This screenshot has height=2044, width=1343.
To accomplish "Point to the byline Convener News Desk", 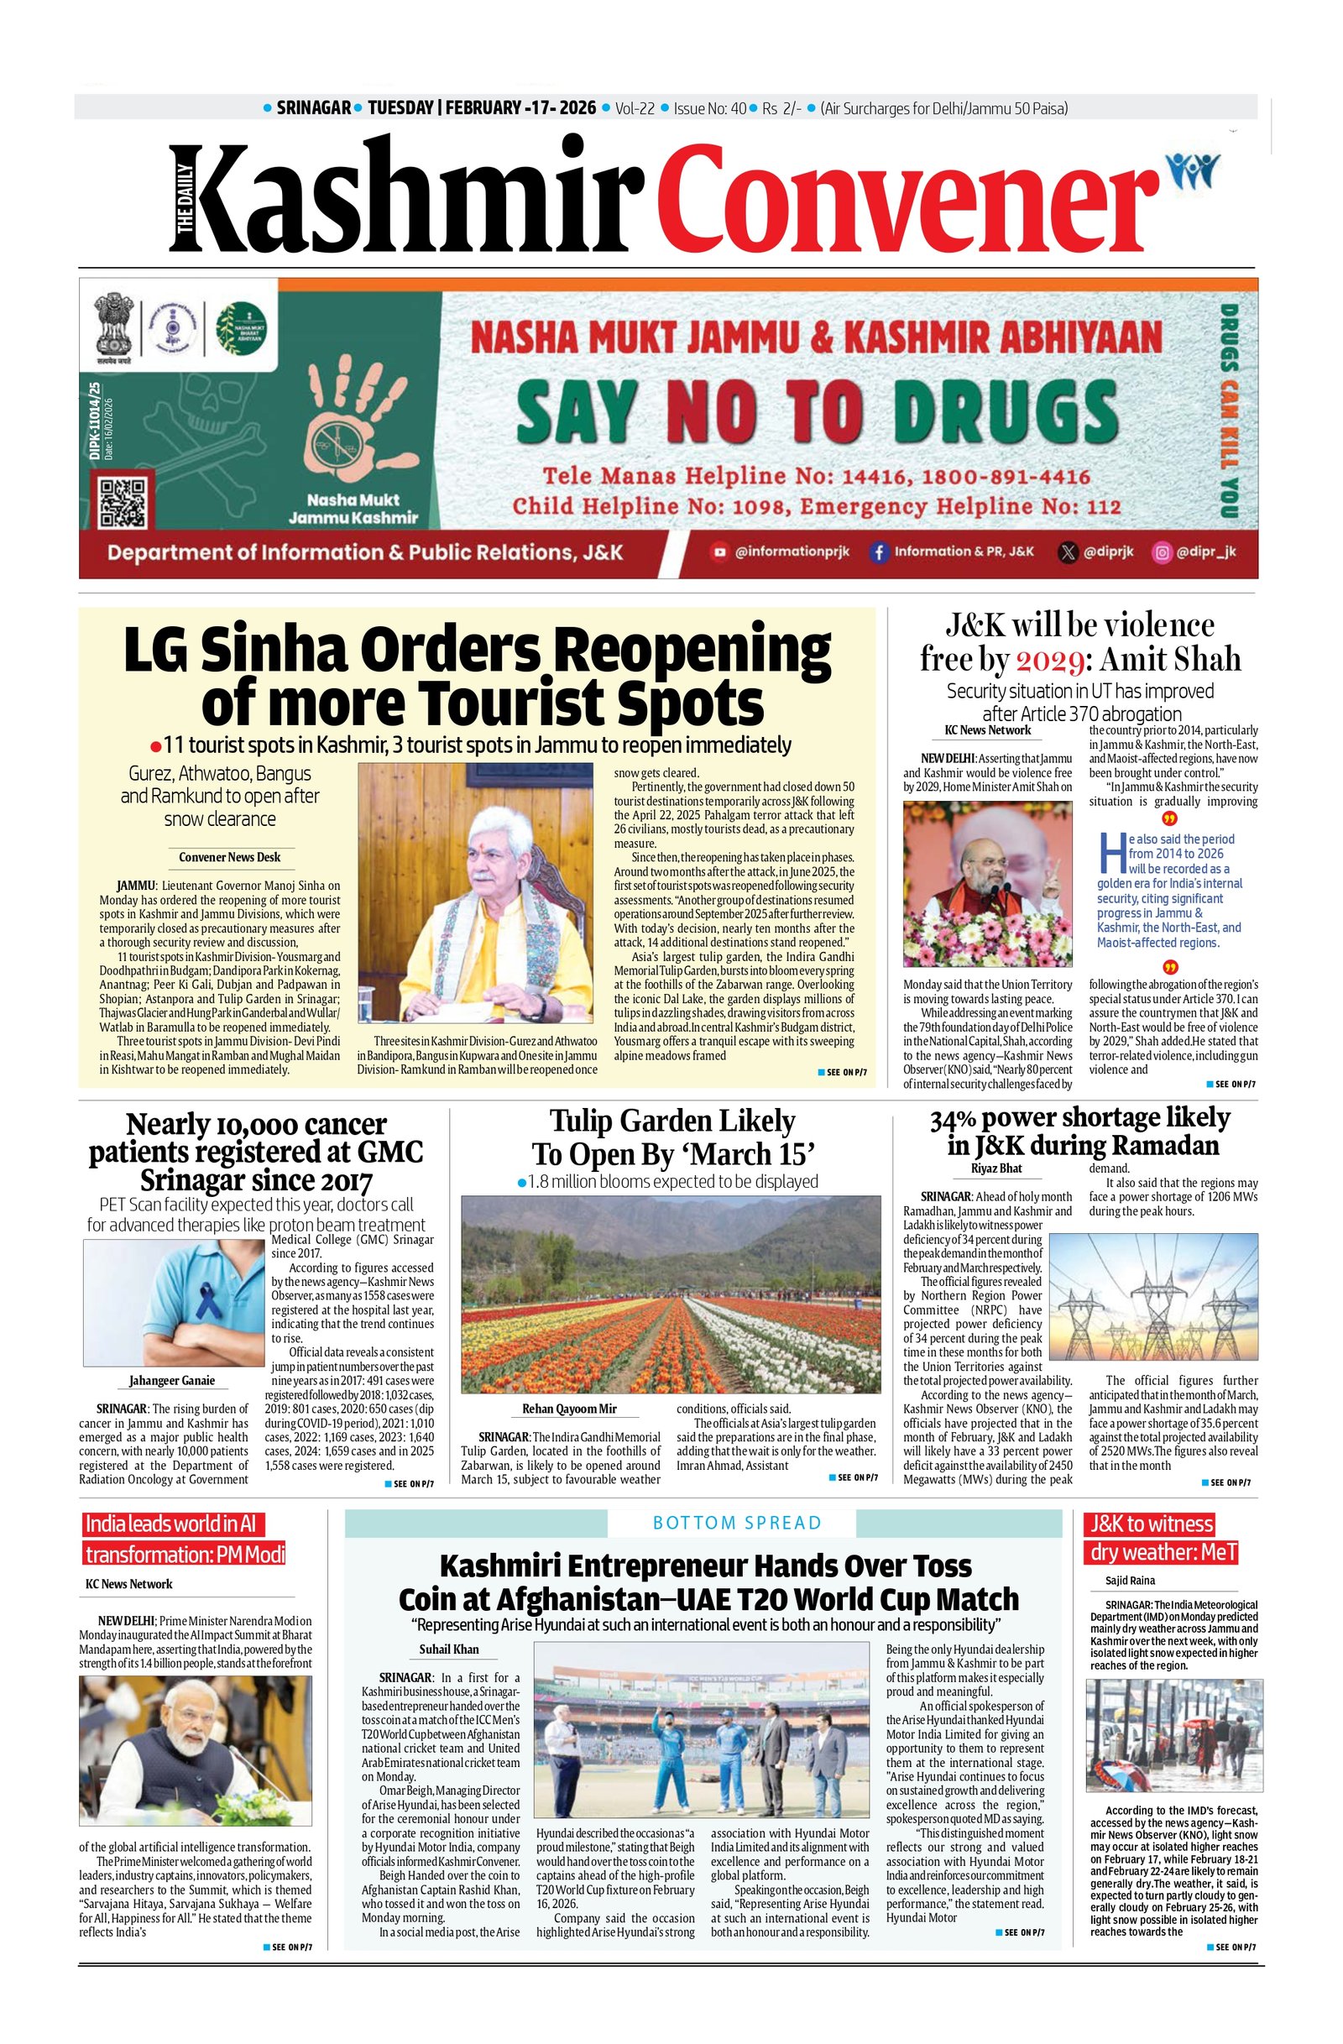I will pos(229,856).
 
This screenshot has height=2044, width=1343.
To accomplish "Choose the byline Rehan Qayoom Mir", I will pos(569,1409).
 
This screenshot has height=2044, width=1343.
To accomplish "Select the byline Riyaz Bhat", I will pos(996,1168).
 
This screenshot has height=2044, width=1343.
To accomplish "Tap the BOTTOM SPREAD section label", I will pos(737,1523).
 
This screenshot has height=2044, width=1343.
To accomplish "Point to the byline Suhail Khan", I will pos(448,1649).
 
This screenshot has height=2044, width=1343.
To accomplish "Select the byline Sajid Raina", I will pos(1130,1581).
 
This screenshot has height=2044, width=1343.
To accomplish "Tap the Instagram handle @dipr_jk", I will pos(1205,552).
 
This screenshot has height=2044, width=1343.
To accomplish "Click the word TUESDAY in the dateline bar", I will pos(400,108).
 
